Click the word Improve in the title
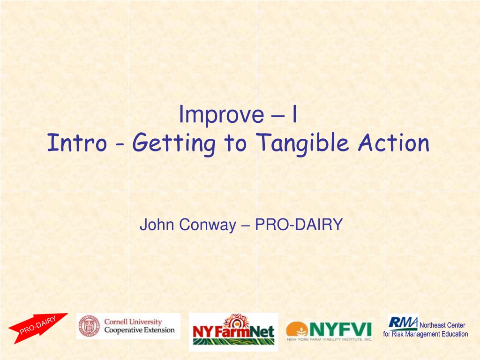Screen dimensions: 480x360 221,114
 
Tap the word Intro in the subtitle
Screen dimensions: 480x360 77,142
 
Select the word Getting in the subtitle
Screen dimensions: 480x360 174,144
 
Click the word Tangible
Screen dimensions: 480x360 302,144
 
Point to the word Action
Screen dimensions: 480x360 394,142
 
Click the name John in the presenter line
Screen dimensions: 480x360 157,225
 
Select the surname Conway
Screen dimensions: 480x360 208,225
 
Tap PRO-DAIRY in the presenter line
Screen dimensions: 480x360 299,225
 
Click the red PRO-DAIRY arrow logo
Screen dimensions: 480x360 37,328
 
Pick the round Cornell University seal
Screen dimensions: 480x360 89,326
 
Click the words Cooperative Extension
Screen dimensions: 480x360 139,330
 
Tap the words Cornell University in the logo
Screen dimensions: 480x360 133,322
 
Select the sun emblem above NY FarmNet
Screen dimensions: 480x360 236,321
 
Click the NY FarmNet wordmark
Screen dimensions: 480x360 233,331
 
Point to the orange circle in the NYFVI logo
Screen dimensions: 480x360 297,329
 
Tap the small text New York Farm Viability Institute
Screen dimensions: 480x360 330,339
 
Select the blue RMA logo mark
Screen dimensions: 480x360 403,322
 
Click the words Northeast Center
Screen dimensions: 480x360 442,325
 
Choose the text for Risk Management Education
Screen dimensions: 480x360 426,334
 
